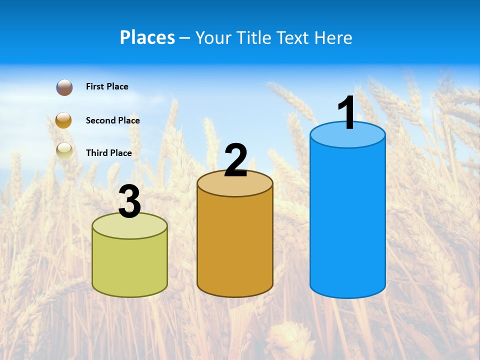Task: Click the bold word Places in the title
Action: pos(147,37)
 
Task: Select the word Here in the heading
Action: pos(334,37)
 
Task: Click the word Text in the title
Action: pos(293,37)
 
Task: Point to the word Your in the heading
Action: pos(212,37)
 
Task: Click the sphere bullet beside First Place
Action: pos(64,87)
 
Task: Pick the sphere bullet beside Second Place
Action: pos(63,120)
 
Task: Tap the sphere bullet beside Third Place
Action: pos(64,151)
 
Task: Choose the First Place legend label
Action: pos(107,86)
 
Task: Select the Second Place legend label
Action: pos(112,120)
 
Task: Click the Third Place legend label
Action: pos(108,153)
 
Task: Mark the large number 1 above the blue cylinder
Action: pos(346,113)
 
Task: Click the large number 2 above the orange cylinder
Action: pos(235,160)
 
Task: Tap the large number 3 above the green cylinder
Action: pos(129,202)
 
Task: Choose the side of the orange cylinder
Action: pos(235,245)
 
